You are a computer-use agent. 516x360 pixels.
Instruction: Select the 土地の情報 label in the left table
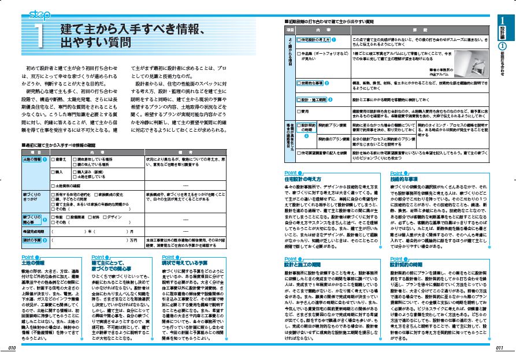32,159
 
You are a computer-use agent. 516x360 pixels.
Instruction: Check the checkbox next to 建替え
53,159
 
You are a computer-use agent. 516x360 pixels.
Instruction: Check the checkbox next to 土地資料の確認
53,186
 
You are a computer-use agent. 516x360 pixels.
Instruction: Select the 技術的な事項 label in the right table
311,83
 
